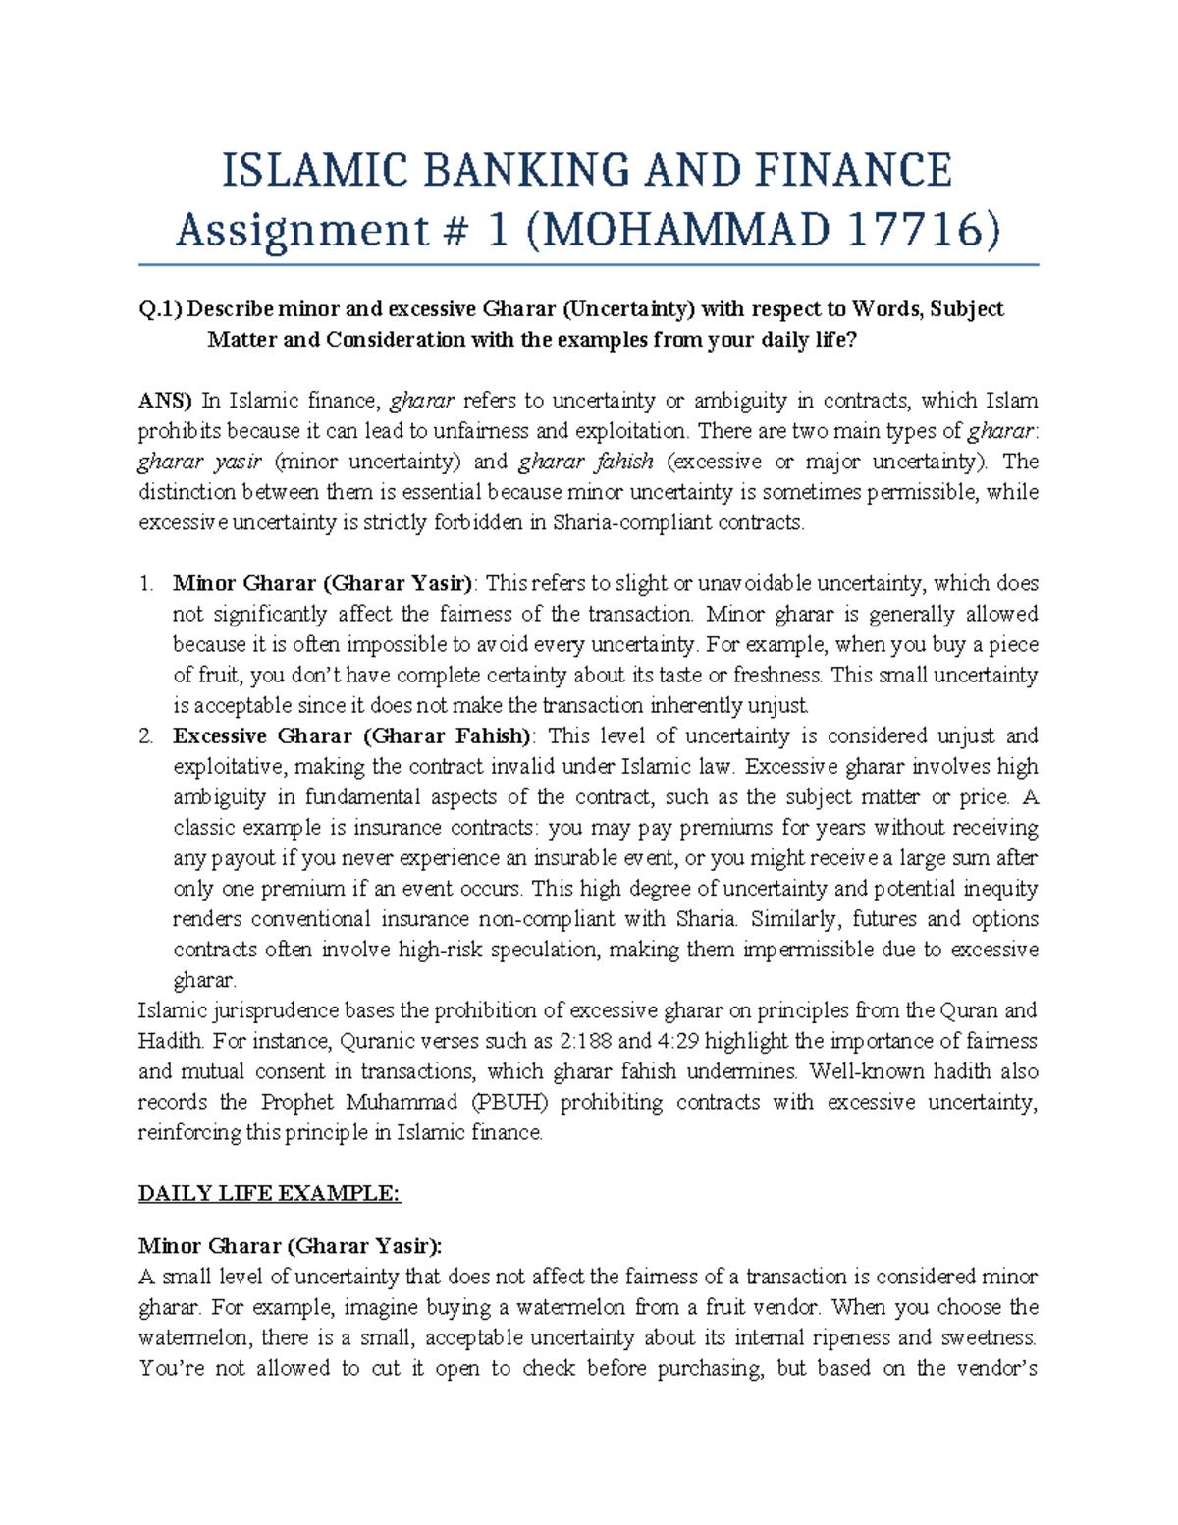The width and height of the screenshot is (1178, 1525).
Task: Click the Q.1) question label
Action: [160, 309]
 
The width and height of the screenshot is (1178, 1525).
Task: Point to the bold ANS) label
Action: [165, 401]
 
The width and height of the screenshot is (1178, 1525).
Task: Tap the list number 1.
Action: [146, 584]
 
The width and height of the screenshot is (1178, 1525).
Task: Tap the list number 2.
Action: [146, 736]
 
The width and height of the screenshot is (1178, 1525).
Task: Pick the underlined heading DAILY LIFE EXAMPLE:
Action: [269, 1194]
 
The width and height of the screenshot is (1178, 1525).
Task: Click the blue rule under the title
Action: [588, 265]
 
